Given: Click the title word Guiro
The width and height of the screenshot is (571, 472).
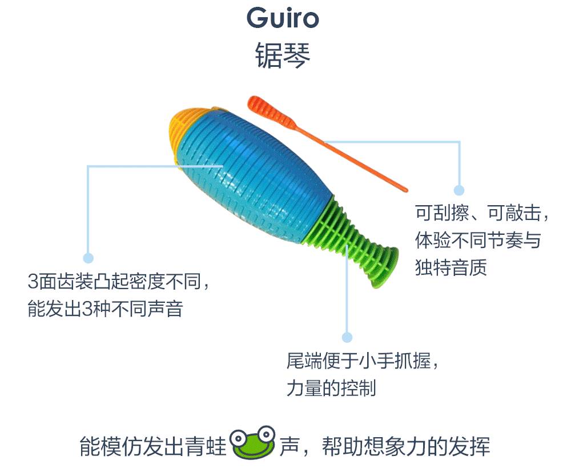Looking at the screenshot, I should click(283, 19).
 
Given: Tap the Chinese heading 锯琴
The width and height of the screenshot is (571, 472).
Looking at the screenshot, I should click(283, 56).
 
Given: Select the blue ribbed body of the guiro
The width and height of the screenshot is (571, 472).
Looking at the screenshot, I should click(251, 171).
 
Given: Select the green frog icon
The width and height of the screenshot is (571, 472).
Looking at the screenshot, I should click(252, 442).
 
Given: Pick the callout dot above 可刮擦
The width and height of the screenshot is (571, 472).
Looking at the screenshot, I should click(459, 190).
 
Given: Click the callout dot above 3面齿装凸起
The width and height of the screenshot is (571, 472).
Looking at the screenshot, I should click(88, 258).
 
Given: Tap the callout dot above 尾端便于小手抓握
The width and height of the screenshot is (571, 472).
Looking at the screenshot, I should click(347, 338).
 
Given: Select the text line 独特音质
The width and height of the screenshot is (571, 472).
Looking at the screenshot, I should click(451, 267).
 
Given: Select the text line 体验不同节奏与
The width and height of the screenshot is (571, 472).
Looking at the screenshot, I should click(477, 241).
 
